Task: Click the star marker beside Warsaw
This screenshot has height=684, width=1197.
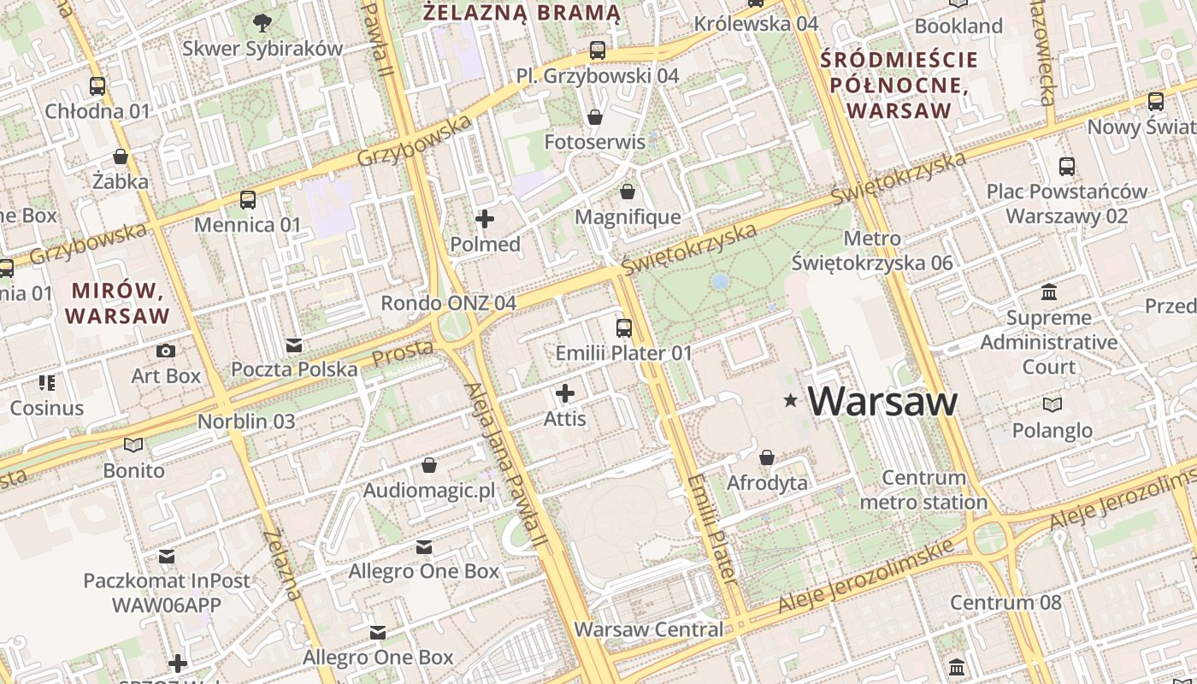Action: tap(791, 400)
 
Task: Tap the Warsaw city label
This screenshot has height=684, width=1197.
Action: tap(882, 401)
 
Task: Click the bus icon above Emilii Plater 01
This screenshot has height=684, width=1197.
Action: tap(624, 327)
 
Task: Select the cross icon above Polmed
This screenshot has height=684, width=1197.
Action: tap(485, 219)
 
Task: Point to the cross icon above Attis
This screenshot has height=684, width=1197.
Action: tap(565, 393)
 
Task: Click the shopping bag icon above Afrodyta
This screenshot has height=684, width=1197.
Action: tap(767, 457)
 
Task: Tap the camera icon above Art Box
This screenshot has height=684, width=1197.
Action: tap(166, 351)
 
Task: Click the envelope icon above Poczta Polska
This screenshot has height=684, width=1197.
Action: tap(294, 345)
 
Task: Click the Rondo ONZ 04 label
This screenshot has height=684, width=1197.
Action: tap(448, 303)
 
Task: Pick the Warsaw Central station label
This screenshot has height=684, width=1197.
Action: tap(648, 630)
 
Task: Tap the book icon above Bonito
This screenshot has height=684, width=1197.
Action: tap(133, 445)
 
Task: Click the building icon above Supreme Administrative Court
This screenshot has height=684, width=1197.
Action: tap(1049, 292)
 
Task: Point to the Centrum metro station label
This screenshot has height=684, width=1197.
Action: tap(923, 490)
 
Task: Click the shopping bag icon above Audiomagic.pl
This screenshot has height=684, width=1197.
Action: tap(429, 465)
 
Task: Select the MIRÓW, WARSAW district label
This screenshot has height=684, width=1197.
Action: tap(118, 302)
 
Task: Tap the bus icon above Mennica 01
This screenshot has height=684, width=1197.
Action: tap(248, 200)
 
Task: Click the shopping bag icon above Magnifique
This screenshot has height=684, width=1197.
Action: tap(628, 192)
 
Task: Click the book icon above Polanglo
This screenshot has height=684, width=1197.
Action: tap(1053, 404)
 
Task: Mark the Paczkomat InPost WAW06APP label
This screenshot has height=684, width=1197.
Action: tap(167, 593)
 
